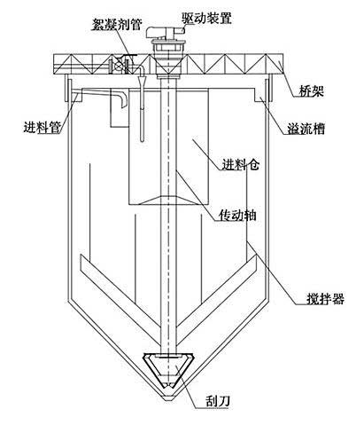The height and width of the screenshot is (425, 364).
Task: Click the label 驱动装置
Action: click(x=206, y=18)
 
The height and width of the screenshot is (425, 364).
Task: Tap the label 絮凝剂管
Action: click(x=117, y=24)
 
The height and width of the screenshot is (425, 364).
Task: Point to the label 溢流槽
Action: click(x=306, y=129)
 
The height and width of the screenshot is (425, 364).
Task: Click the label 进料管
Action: click(x=43, y=127)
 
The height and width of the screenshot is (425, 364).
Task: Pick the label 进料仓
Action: click(x=241, y=164)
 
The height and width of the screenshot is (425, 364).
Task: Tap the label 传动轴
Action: click(x=237, y=215)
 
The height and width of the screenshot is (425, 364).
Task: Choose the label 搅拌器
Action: click(x=325, y=299)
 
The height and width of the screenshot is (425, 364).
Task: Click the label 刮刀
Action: click(x=218, y=401)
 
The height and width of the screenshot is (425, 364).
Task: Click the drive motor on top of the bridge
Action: click(x=166, y=32)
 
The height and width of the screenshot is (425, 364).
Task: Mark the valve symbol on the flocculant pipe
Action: click(x=119, y=65)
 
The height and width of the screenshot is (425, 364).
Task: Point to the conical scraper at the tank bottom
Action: click(x=168, y=370)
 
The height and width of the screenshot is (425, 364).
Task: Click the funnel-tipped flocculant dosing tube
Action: click(x=143, y=105)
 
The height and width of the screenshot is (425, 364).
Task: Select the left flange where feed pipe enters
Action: click(x=66, y=89)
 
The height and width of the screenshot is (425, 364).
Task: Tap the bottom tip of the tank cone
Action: click(x=168, y=400)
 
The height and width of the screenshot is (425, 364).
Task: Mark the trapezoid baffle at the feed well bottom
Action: click(x=168, y=201)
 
